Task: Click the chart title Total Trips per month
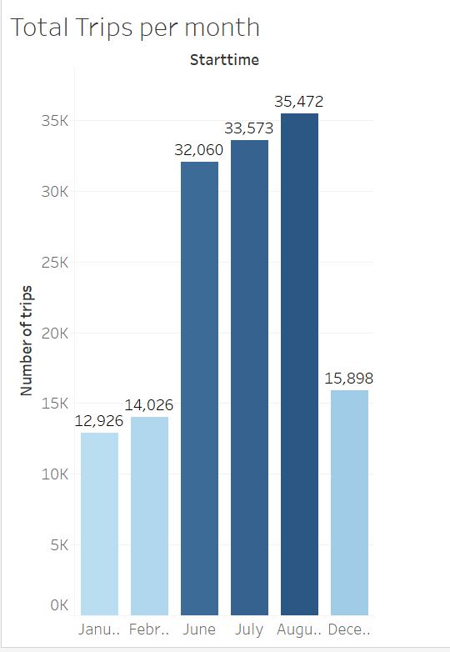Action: click(x=135, y=28)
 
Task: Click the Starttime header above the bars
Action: click(x=224, y=60)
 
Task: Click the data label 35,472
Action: click(x=299, y=102)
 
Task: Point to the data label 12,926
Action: click(x=99, y=421)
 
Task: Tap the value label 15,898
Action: click(x=349, y=379)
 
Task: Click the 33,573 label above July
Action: click(x=249, y=128)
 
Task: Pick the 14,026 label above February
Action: click(x=149, y=405)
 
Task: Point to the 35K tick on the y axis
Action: click(x=55, y=121)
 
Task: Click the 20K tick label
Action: click(x=55, y=334)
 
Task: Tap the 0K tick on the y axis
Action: click(x=58, y=605)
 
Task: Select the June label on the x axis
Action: click(x=199, y=629)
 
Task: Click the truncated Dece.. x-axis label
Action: click(x=349, y=629)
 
